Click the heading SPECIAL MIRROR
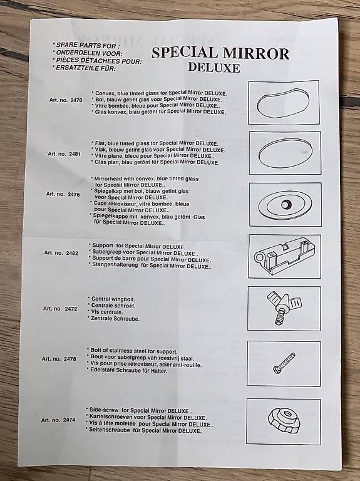tap(220, 53)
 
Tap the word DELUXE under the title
tap(214, 68)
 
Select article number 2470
tap(66, 100)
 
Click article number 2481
tap(64, 153)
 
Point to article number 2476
tap(63, 194)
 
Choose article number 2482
tap(61, 253)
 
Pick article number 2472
tap(60, 309)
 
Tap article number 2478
tap(59, 359)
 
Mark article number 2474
tap(58, 420)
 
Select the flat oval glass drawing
tap(284, 153)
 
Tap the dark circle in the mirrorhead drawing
tap(286, 204)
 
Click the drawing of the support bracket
tap(284, 256)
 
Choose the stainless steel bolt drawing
tap(284, 363)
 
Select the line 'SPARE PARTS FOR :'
tap(85, 45)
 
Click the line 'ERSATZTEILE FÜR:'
tap(84, 68)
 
